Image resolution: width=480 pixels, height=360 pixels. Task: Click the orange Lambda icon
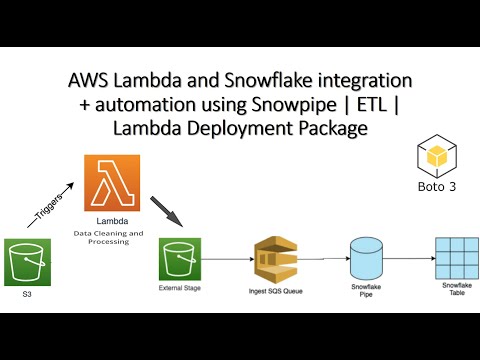coord(112,181)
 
